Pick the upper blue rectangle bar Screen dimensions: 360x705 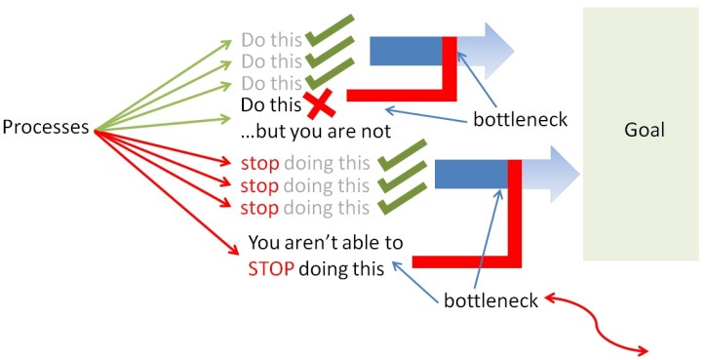(x=406, y=51)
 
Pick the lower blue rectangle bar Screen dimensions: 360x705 (x=470, y=175)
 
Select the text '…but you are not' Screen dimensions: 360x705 (x=316, y=130)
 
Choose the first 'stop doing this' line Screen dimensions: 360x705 (x=304, y=163)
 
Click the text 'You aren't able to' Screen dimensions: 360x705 (x=325, y=244)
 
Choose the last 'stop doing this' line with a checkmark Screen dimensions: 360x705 (x=304, y=207)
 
